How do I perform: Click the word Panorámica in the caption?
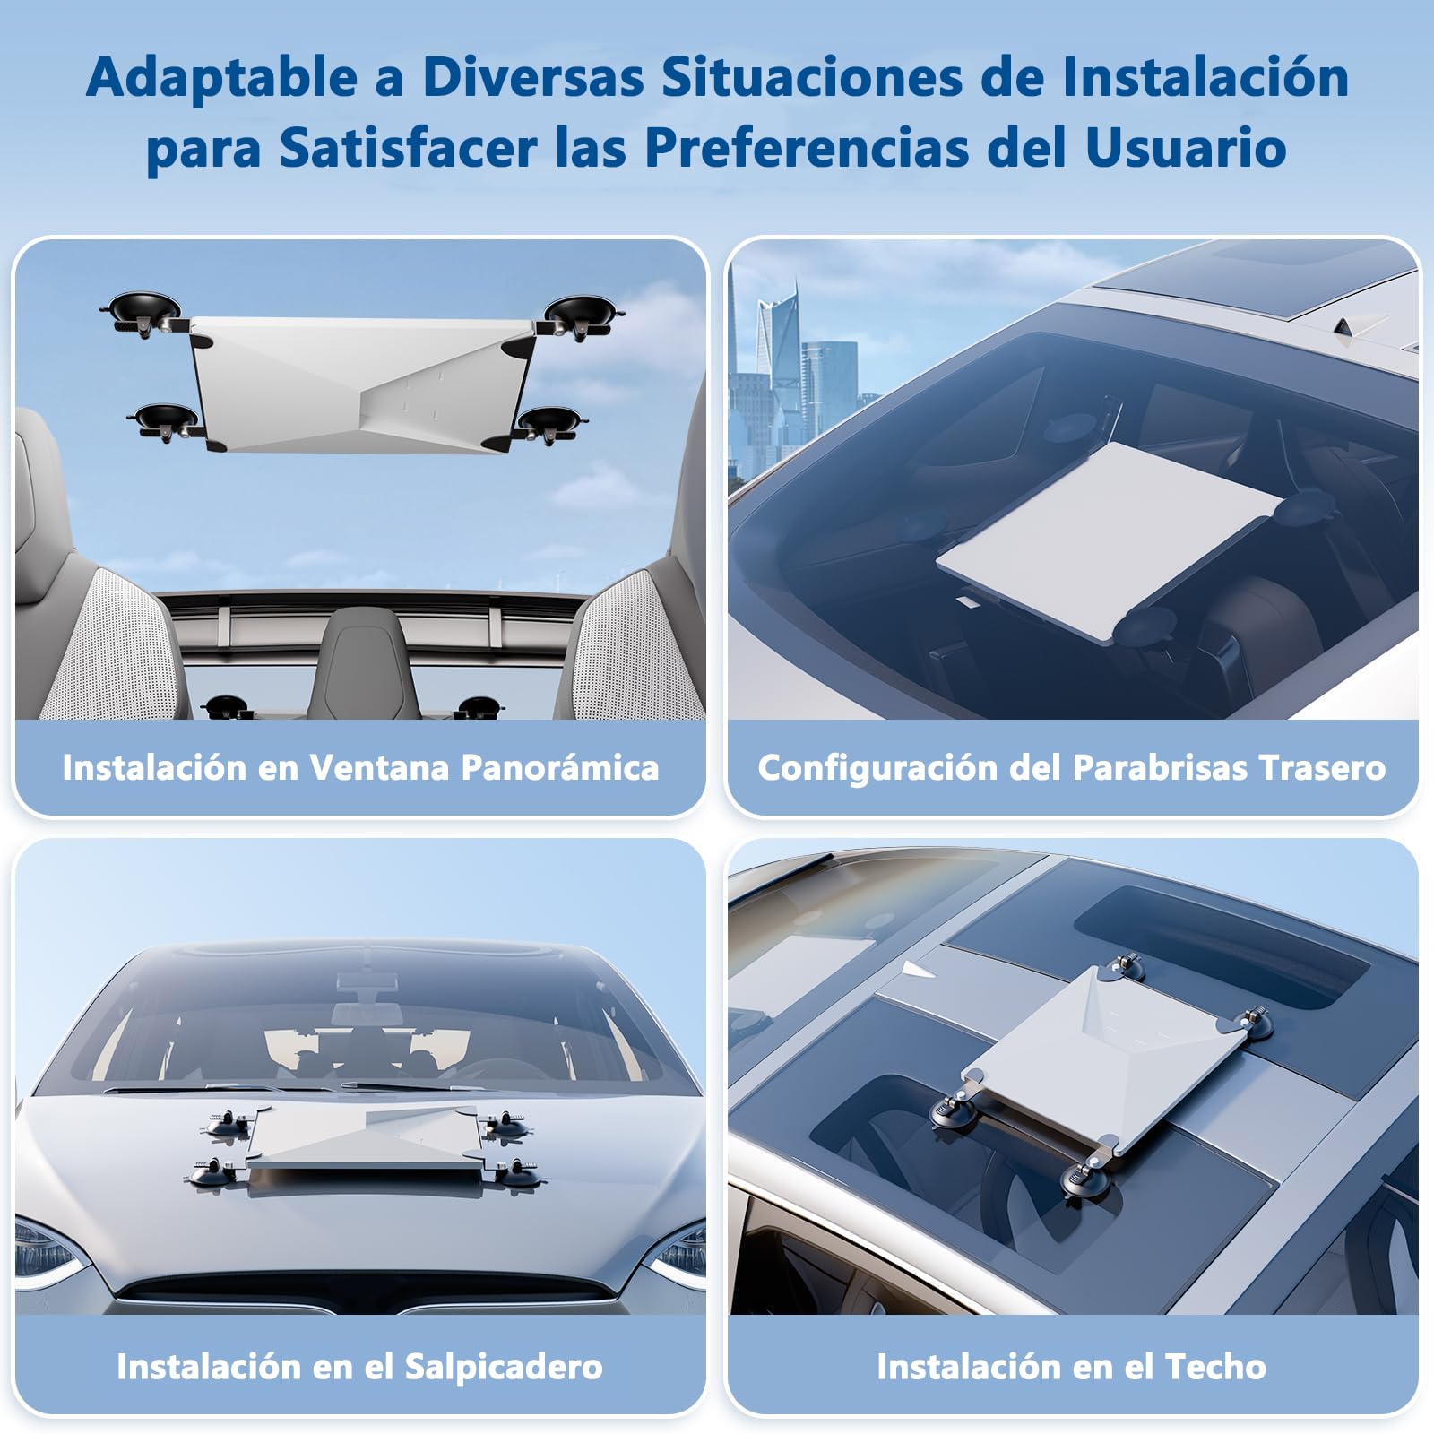pos(559,768)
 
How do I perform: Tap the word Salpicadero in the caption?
pos(504,1367)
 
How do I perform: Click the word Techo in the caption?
pos(1215,1367)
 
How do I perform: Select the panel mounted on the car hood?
pos(367,1146)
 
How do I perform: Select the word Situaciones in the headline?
pos(813,77)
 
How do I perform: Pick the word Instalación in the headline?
pos(1205,77)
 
